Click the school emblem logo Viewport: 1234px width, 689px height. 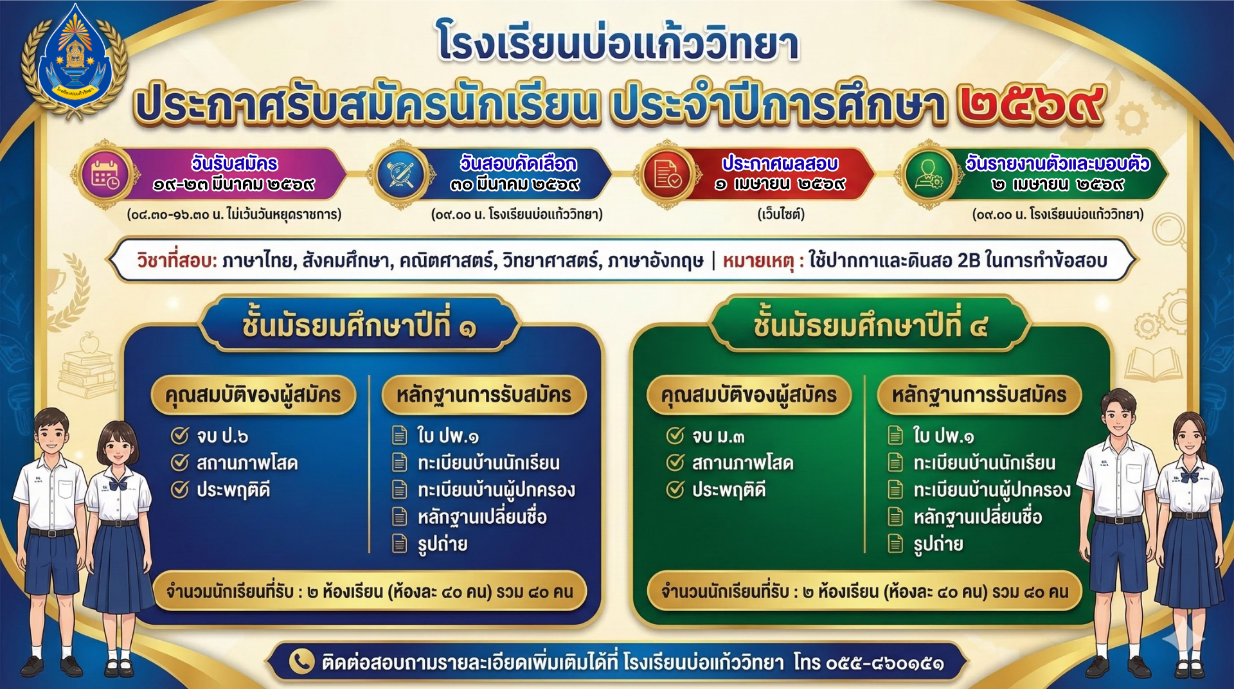coord(75,62)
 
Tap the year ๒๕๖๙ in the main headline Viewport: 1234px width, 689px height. coord(1031,104)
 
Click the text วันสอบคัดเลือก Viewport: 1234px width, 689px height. coord(518,163)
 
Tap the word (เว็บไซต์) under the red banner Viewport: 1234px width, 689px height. coord(781,214)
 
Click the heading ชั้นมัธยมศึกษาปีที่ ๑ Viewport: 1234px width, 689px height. coord(359,325)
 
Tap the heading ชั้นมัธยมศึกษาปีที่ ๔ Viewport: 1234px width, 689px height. coord(870,325)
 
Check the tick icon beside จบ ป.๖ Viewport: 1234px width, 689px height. coord(179,436)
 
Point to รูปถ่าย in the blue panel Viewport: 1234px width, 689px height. coord(442,544)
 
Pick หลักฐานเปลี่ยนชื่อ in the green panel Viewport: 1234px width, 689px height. coord(978,517)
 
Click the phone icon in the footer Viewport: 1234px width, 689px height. coord(301,661)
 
